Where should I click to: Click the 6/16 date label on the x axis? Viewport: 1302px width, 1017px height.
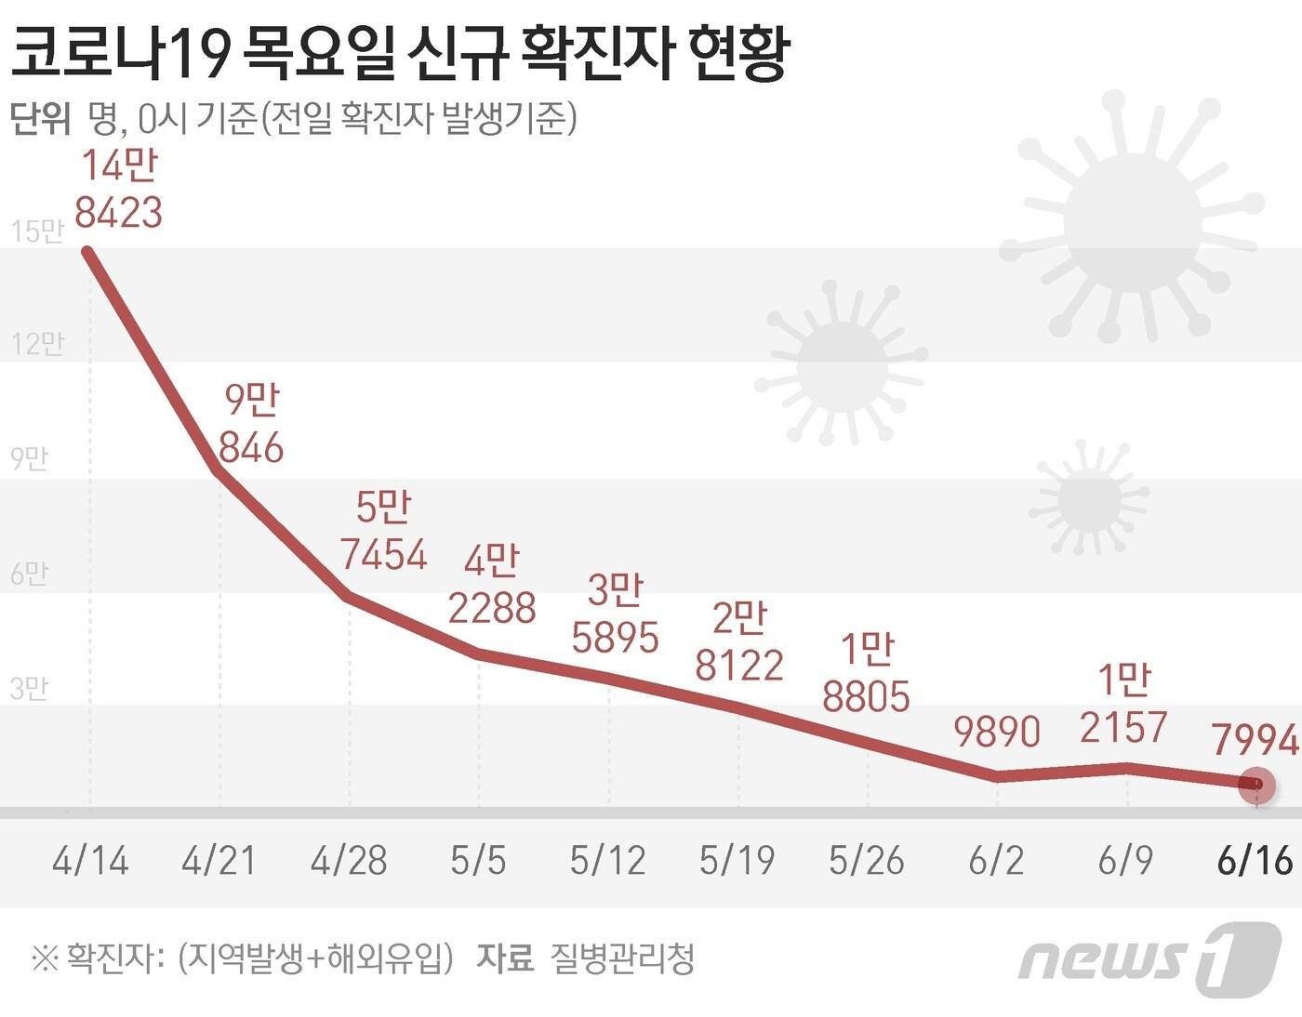click(x=1255, y=861)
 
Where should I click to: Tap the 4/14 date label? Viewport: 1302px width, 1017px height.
click(x=90, y=861)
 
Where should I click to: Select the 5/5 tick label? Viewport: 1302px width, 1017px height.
click(x=478, y=861)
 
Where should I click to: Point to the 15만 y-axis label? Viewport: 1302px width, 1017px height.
click(x=37, y=231)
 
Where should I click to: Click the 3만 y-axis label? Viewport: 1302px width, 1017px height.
click(x=29, y=689)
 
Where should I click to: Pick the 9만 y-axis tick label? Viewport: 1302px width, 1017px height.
click(x=29, y=459)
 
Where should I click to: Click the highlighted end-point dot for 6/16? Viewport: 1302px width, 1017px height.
click(x=1256, y=786)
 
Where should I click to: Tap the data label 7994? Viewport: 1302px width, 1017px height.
click(x=1255, y=740)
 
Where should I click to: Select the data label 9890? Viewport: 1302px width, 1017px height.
click(x=997, y=733)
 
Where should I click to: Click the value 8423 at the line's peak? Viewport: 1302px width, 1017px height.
click(x=118, y=213)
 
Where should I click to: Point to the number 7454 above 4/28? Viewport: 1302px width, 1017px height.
click(x=383, y=555)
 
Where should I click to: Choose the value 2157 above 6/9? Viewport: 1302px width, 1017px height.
click(x=1123, y=727)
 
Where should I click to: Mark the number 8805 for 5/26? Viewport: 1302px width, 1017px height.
click(x=866, y=696)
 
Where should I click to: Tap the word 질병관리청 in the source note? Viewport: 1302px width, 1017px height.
click(x=622, y=958)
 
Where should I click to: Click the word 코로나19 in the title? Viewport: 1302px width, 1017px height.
click(x=119, y=54)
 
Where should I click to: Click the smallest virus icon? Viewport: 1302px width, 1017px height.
click(x=1089, y=497)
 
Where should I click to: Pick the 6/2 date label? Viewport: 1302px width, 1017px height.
click(x=996, y=861)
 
